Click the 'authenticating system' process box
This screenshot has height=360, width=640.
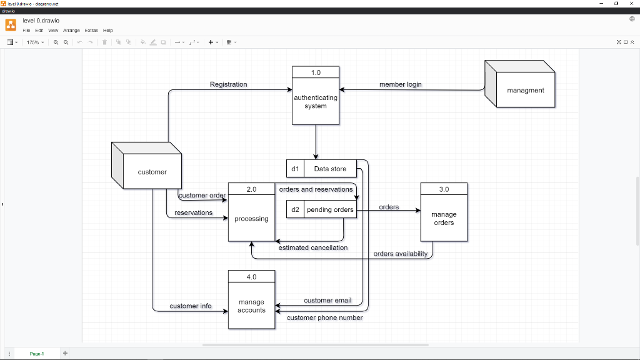(x=316, y=102)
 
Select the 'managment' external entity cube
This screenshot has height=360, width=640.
(x=525, y=90)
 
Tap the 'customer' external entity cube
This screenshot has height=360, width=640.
(x=152, y=172)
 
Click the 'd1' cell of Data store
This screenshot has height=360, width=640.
(x=295, y=169)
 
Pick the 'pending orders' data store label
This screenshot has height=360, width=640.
(x=330, y=209)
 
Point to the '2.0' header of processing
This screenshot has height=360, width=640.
(x=251, y=189)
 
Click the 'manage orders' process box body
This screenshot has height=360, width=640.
(x=444, y=219)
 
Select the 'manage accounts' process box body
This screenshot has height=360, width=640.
(x=251, y=306)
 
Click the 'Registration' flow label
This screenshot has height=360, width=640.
(x=228, y=84)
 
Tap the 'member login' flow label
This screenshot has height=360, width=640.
(x=400, y=84)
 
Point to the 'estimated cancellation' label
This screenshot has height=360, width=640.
(x=312, y=247)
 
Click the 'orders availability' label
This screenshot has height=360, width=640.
(x=400, y=254)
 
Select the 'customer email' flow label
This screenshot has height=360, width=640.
(x=327, y=301)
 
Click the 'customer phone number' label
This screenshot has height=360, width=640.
(x=324, y=317)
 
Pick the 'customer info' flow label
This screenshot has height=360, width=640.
(x=190, y=306)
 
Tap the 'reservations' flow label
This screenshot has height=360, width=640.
(x=193, y=212)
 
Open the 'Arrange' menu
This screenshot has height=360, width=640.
(x=71, y=30)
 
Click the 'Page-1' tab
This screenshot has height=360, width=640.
(x=37, y=354)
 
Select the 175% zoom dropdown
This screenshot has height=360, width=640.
(x=34, y=42)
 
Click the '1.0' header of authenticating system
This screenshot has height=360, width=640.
(x=316, y=72)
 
